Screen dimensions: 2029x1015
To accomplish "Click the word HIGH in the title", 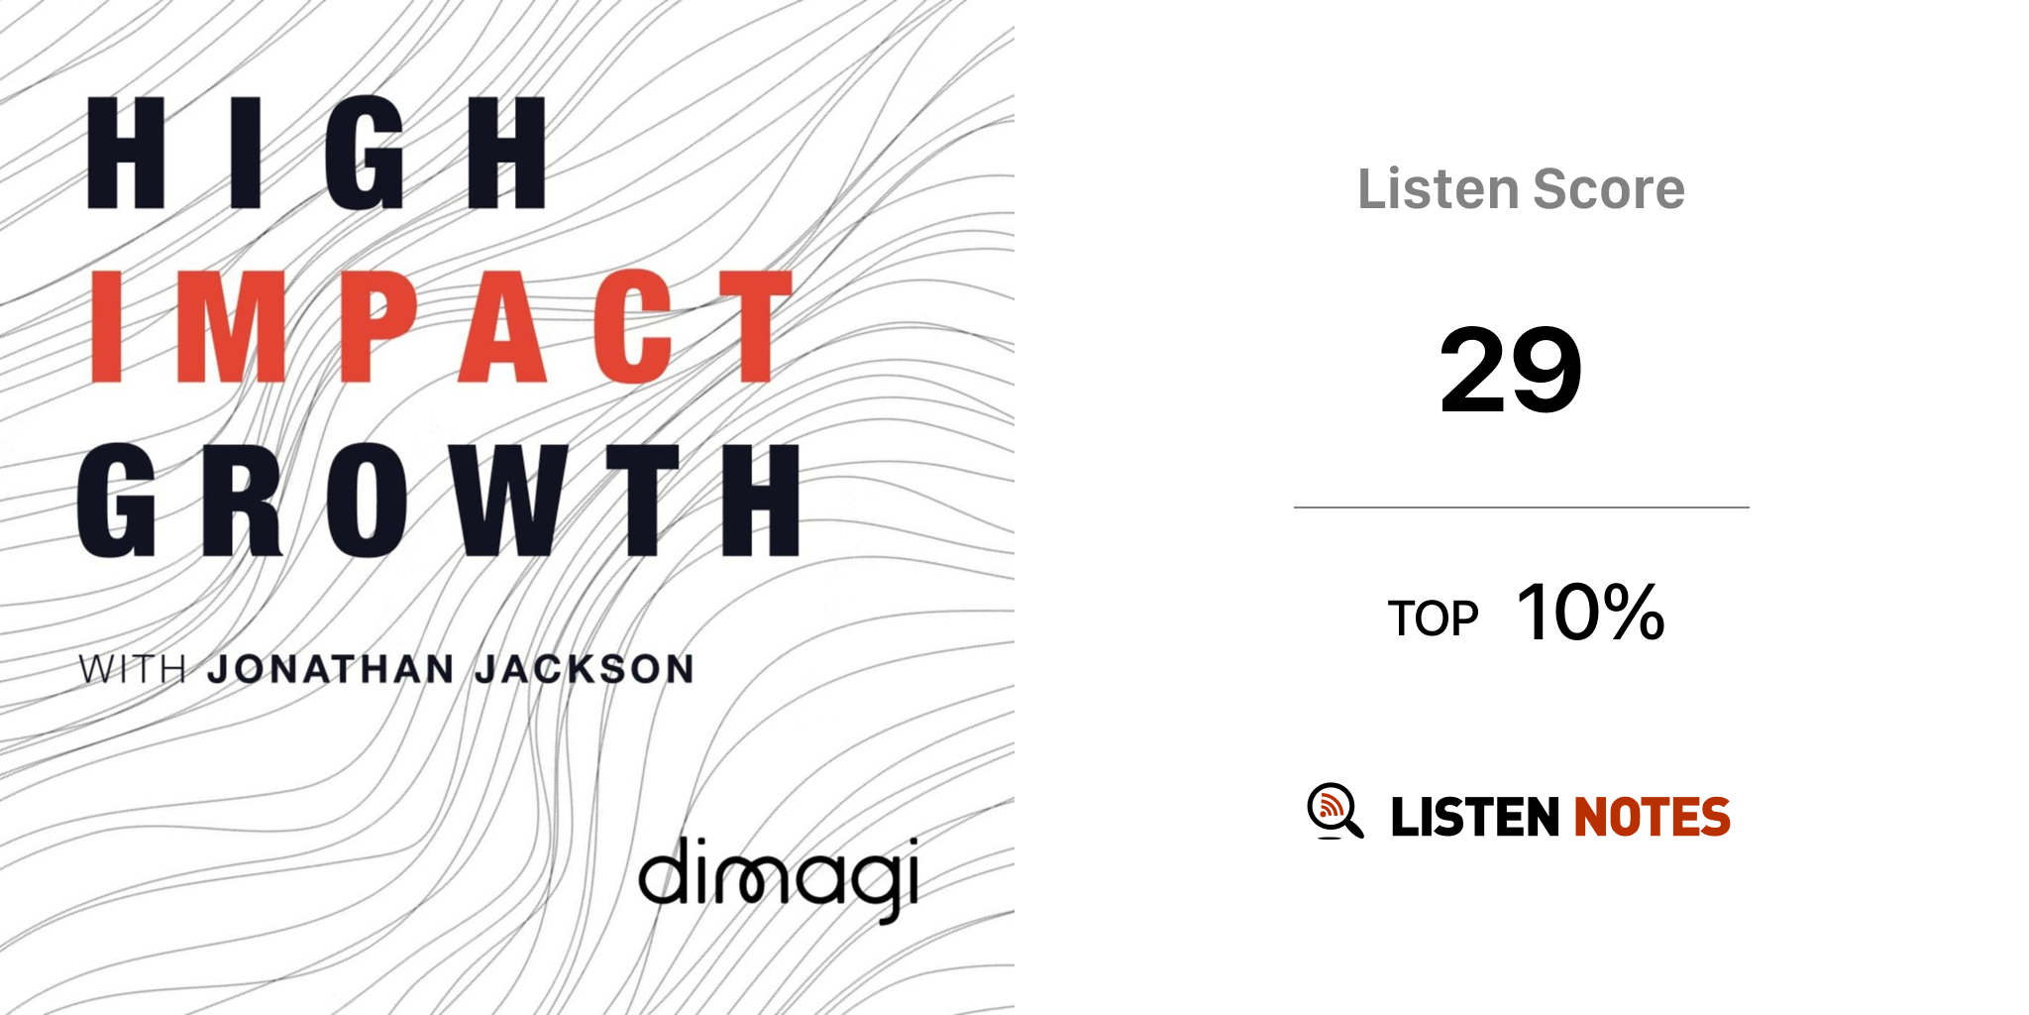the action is (316, 153).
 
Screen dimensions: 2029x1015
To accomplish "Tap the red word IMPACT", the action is (442, 326).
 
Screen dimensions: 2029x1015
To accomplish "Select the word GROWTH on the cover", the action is (439, 500).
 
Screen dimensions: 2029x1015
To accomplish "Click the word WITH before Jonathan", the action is (133, 669).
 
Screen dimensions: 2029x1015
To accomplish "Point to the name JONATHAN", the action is (331, 669).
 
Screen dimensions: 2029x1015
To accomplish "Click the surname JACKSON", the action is (585, 669).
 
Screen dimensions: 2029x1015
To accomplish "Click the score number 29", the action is (1511, 371).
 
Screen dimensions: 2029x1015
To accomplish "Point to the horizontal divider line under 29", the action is (1522, 507).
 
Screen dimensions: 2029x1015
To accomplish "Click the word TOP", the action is (1433, 619).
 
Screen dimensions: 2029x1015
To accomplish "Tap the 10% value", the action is (1591, 613).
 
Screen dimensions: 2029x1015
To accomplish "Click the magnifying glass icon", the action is (1335, 811).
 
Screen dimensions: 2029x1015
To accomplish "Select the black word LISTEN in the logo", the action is (1475, 817).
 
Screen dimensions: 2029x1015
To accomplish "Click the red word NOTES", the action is (1653, 817).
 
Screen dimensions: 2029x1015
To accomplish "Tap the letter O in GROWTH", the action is (368, 500).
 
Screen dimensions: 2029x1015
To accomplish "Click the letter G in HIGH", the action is (365, 153).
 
